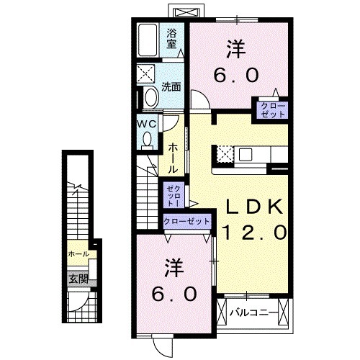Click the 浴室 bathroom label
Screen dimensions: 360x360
click(x=171, y=37)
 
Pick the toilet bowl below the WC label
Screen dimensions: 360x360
click(x=148, y=140)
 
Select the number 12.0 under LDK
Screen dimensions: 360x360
click(x=253, y=233)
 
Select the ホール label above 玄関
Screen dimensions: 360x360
click(x=78, y=255)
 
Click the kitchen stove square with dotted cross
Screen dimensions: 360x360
click(x=224, y=153)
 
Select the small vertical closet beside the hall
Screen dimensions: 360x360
click(x=174, y=194)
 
